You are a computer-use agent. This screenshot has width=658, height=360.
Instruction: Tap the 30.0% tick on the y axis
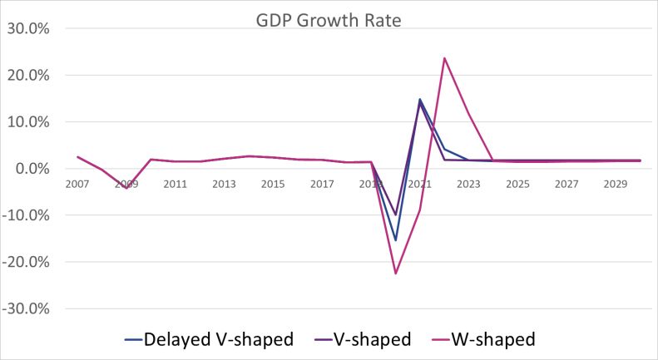28,28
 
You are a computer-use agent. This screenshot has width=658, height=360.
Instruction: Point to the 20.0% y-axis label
28,75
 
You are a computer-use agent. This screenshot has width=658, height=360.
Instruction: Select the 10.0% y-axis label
28,121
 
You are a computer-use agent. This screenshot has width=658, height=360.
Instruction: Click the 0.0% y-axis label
32,169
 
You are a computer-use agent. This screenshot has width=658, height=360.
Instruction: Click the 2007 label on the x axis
77,183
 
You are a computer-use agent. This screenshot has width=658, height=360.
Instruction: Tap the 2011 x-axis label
175,183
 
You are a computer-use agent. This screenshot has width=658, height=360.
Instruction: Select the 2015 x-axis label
273,183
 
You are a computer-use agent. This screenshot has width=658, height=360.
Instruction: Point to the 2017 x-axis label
322,183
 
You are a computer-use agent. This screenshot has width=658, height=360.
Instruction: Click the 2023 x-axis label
469,183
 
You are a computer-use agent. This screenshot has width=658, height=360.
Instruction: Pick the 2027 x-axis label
566,183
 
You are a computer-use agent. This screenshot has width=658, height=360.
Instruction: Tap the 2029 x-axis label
616,183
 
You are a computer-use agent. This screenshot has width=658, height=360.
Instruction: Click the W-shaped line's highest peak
445,58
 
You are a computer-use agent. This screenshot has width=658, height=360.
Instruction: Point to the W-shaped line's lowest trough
396,274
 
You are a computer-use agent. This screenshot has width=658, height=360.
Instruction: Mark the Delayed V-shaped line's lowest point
396,240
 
